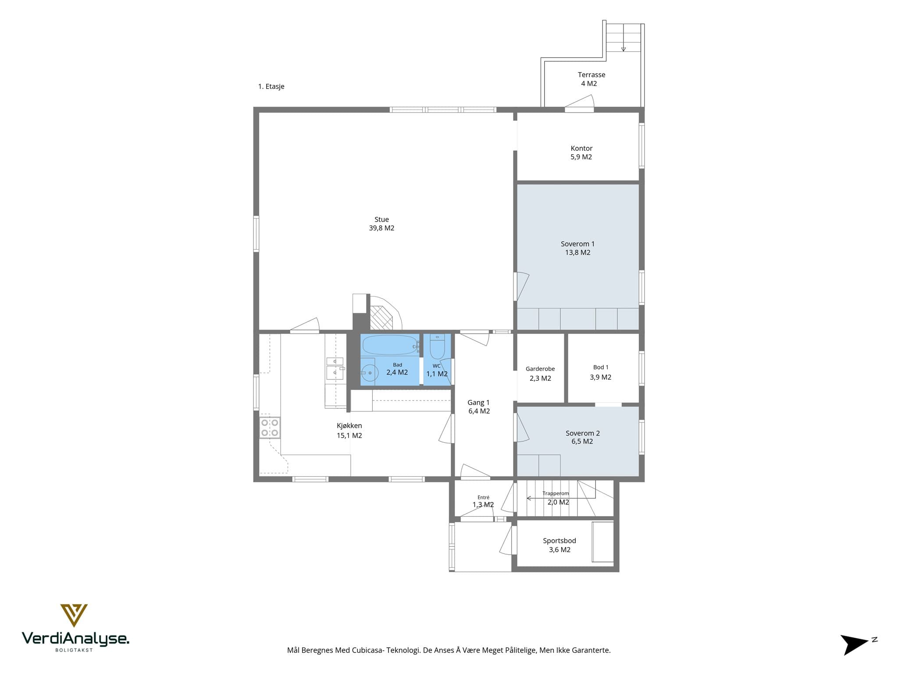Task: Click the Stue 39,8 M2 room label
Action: coord(381,223)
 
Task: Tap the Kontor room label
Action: coord(581,152)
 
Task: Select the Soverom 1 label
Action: coord(577,248)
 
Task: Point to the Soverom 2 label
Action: coord(582,437)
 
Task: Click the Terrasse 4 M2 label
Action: coord(591,79)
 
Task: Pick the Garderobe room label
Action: coord(540,374)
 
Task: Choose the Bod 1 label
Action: coord(601,372)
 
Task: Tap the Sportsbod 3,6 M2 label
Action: coord(559,545)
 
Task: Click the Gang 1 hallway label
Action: coord(479,407)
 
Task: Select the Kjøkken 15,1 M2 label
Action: coord(349,430)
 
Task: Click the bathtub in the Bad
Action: coord(390,345)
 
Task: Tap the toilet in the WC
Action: coord(437,347)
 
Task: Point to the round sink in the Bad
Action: coord(370,373)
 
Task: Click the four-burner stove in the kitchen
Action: coord(270,428)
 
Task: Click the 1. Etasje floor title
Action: coord(271,86)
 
